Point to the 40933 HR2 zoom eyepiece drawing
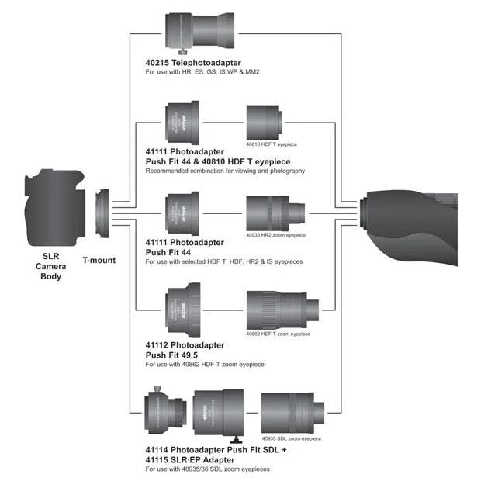point(275,210)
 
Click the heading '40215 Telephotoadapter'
point(193,63)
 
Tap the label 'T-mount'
point(99,261)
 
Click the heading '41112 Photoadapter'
point(185,344)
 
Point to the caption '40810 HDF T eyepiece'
point(272,145)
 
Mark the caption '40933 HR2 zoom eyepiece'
point(275,234)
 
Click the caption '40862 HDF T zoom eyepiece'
point(278,334)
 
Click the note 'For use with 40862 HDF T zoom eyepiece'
point(205,365)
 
